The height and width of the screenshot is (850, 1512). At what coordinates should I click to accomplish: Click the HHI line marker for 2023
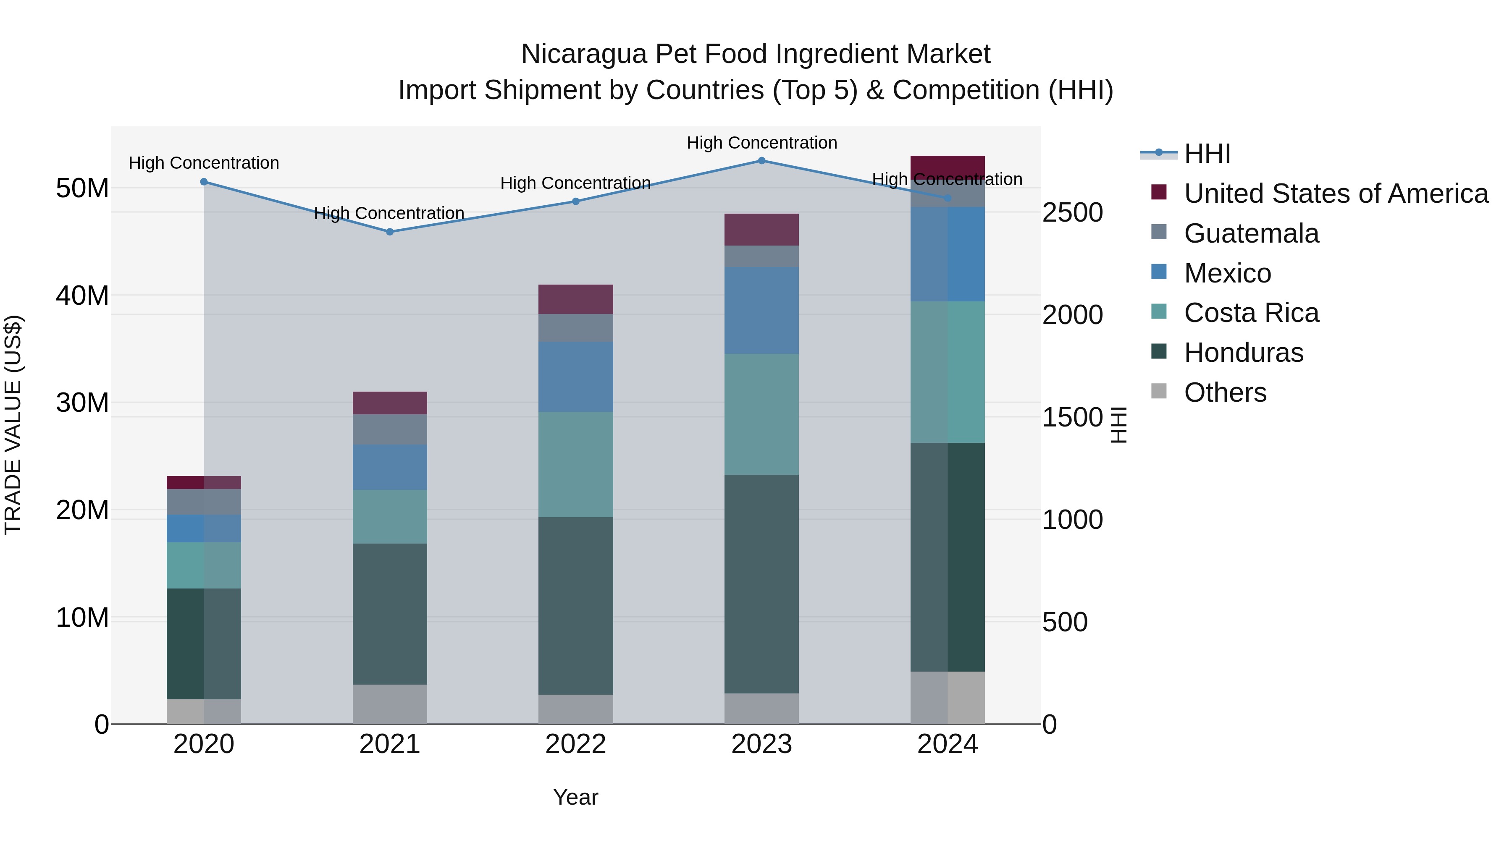pyautogui.click(x=761, y=160)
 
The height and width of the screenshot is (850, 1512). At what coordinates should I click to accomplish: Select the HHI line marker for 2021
pyautogui.click(x=390, y=232)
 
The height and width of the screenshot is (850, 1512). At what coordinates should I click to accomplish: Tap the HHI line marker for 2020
pyautogui.click(x=204, y=182)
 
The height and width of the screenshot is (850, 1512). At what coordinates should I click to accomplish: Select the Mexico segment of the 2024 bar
pyautogui.click(x=948, y=254)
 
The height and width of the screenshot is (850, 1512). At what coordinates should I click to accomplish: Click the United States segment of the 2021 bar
pyautogui.click(x=390, y=403)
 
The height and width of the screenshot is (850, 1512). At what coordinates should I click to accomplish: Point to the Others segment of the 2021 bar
pyautogui.click(x=390, y=704)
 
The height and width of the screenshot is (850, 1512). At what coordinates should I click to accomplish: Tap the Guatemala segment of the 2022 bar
pyautogui.click(x=575, y=328)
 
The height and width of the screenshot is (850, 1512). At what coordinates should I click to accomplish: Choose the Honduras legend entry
pyautogui.click(x=1243, y=353)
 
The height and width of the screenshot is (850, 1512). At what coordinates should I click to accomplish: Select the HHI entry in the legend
pyautogui.click(x=1207, y=154)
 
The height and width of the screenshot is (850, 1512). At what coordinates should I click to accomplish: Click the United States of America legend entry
pyautogui.click(x=1335, y=194)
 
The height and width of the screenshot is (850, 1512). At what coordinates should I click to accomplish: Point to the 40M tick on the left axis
pyautogui.click(x=82, y=296)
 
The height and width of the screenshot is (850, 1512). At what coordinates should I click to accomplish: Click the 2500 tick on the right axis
pyautogui.click(x=1072, y=212)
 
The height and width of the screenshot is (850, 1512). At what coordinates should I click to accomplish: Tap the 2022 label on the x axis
pyautogui.click(x=575, y=744)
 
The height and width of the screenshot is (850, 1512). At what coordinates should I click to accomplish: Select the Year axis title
pyautogui.click(x=575, y=797)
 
